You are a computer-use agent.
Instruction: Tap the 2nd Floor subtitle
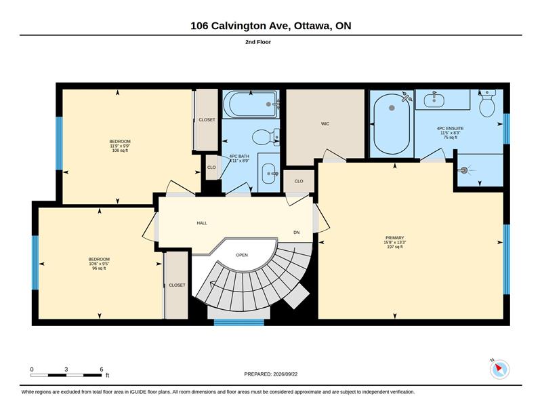coord(258,42)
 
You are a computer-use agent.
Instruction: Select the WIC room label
coord(325,123)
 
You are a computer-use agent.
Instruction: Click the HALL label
coord(202,223)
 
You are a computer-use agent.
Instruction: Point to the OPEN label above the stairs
coord(242,255)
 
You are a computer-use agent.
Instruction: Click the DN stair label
coord(296,233)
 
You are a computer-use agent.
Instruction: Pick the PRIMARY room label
coord(394,238)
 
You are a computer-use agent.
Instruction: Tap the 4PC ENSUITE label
coord(450,128)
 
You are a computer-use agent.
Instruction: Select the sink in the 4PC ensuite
coord(434,99)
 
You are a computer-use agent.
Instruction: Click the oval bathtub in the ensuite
coord(392,124)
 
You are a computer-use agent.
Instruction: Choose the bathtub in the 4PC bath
coord(251,104)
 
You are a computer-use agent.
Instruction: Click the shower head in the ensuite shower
coord(464,170)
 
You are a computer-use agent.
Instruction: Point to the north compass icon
coord(499,370)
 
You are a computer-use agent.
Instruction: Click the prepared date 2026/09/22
coord(285,374)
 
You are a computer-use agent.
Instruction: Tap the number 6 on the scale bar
coord(101,370)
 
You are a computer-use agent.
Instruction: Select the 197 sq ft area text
coord(395,247)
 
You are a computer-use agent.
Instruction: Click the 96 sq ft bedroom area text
coord(99,268)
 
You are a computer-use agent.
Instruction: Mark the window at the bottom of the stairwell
coord(239,323)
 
